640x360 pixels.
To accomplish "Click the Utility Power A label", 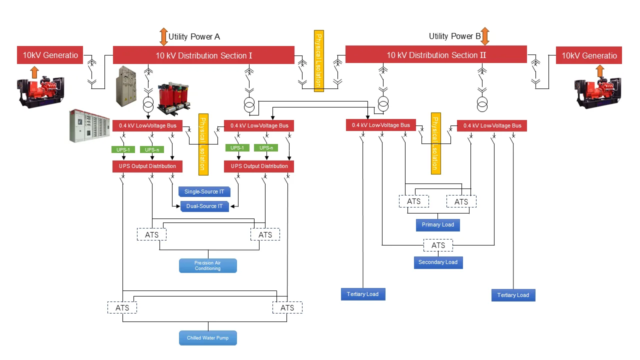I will (194, 36).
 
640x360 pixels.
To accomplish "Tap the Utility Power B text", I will (454, 36).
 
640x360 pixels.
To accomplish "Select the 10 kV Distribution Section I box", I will (203, 55).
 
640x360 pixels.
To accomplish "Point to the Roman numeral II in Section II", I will (482, 55).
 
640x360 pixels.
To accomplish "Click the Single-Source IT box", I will (204, 191).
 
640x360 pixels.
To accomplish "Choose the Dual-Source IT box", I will (204, 206).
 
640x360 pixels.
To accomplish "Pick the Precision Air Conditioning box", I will (207, 265).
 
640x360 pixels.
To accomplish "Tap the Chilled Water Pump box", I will (207, 338).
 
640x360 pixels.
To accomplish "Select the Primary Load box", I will (437, 225).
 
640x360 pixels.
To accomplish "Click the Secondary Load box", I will (438, 262).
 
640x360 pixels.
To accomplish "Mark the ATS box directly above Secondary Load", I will (438, 245).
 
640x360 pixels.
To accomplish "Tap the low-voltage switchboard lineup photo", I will (89, 125).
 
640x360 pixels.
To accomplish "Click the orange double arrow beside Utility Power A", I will (163, 37).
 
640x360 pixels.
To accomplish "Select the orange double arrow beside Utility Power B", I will (484, 36).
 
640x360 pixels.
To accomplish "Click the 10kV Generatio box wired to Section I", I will (50, 55).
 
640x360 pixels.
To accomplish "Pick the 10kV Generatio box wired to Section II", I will (588, 55).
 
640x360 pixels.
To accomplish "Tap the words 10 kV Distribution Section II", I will (436, 55).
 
